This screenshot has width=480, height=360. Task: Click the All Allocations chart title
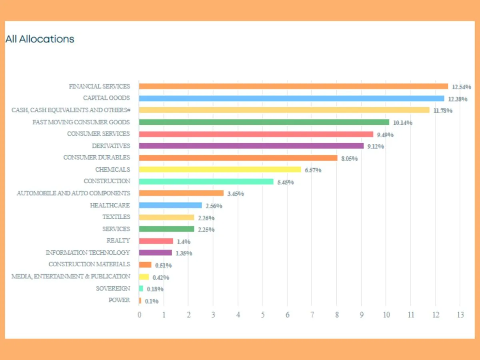coord(40,39)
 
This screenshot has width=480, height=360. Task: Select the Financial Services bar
coord(293,86)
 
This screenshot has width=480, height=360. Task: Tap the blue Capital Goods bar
coord(291,98)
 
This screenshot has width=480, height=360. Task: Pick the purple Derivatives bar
coord(251,146)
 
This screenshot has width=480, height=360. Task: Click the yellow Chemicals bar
coord(220,170)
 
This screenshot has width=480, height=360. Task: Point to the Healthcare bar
coord(170,205)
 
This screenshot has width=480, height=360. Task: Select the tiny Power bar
coord(140,300)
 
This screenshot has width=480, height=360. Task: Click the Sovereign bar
coord(141,288)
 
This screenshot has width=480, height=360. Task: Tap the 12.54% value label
coord(461,87)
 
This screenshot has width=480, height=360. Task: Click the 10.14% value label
coord(402,123)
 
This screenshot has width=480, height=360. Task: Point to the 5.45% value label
coord(285,182)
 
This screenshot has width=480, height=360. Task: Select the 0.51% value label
coord(163,265)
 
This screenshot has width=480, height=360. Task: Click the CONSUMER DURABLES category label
coord(96,157)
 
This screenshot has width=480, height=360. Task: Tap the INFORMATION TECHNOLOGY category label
coord(88,252)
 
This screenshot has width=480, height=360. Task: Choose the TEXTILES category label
coord(116,217)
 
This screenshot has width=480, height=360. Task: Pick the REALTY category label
coord(118,240)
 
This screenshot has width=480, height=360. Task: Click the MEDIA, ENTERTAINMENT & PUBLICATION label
coord(70,276)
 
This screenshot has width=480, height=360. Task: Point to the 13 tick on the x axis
coord(460,315)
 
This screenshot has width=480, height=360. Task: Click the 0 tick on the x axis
coord(139,315)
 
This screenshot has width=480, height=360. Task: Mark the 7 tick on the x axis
coord(312,315)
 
